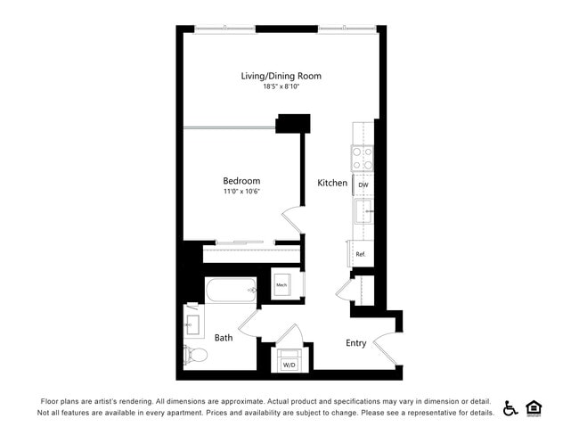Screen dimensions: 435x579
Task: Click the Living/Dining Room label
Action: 281,76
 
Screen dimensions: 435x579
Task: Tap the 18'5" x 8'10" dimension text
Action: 281,87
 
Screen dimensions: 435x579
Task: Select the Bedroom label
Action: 241,181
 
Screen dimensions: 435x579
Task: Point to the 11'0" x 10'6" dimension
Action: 241,192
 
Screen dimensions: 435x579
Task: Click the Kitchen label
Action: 332,183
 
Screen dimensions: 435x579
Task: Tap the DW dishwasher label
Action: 363,185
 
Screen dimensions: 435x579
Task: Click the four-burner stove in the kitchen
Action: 363,159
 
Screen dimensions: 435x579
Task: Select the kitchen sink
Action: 364,212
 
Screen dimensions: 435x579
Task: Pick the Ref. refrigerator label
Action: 361,254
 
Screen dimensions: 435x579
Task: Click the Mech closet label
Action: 281,285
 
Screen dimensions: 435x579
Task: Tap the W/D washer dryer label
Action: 289,365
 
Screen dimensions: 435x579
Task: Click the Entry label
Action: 356,343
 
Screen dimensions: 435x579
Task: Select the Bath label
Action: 224,338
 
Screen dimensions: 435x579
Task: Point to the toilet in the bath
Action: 196,354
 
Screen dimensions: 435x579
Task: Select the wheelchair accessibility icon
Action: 510,407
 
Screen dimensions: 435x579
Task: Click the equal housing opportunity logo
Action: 534,407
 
